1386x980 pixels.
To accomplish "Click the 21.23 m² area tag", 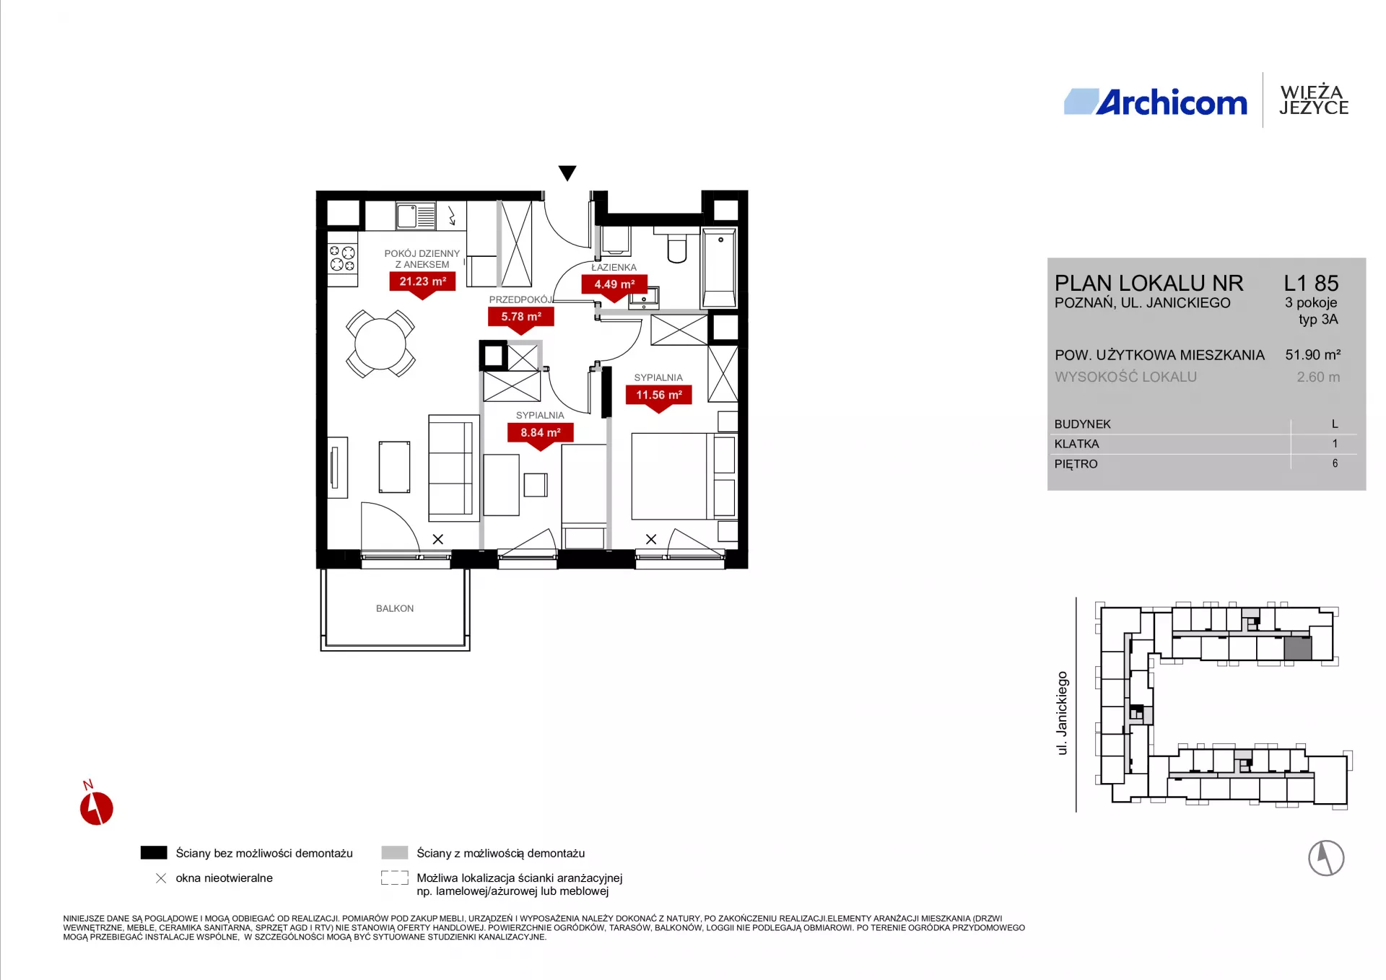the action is pyautogui.click(x=422, y=282).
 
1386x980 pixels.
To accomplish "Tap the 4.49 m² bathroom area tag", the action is pyautogui.click(x=614, y=285).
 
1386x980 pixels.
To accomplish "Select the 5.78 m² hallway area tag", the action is pyautogui.click(x=521, y=317).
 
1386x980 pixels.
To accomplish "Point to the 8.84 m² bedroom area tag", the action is pyautogui.click(x=541, y=433).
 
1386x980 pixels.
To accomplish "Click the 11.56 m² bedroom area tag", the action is pyautogui.click(x=658, y=395).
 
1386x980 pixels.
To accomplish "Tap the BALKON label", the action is pyautogui.click(x=395, y=608).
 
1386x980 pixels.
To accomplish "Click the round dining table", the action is pyautogui.click(x=380, y=344).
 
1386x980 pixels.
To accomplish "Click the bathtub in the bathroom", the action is pyautogui.click(x=719, y=268).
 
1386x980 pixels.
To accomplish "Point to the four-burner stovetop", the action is pyautogui.click(x=342, y=258).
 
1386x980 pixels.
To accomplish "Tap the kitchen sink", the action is pyautogui.click(x=416, y=216).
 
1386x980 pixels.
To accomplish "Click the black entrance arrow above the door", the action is pyautogui.click(x=567, y=173).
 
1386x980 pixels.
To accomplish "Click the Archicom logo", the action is pyautogui.click(x=1155, y=102).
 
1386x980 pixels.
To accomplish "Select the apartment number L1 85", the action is pyautogui.click(x=1311, y=283).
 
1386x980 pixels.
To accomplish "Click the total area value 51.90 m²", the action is pyautogui.click(x=1312, y=355).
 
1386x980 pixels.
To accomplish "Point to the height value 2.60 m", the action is pyautogui.click(x=1318, y=377).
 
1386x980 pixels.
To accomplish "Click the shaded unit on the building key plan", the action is pyautogui.click(x=1298, y=648).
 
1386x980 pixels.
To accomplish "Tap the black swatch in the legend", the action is pyautogui.click(x=154, y=853).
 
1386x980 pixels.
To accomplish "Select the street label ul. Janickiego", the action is pyautogui.click(x=1062, y=713).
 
